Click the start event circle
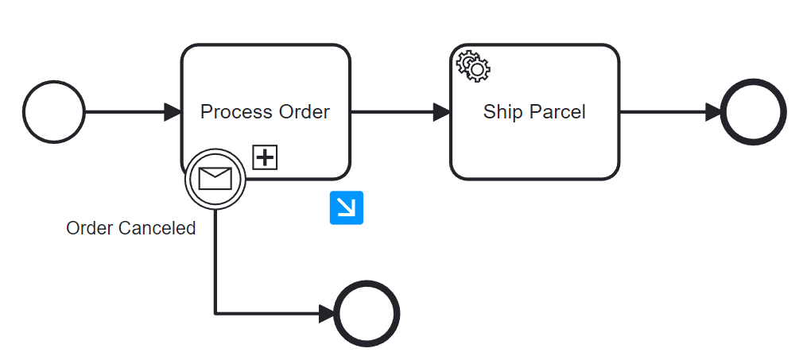coord(53,112)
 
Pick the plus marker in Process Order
coord(265,157)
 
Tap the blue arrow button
coord(347,207)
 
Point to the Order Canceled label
coord(131,229)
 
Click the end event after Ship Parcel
coord(753,112)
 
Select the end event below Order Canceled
coord(367,313)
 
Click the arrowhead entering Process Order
coord(173,112)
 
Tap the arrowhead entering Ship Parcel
coord(441,112)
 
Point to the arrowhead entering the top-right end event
coord(712,112)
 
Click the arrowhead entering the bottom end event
coord(326,313)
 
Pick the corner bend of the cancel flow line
coord(215,313)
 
